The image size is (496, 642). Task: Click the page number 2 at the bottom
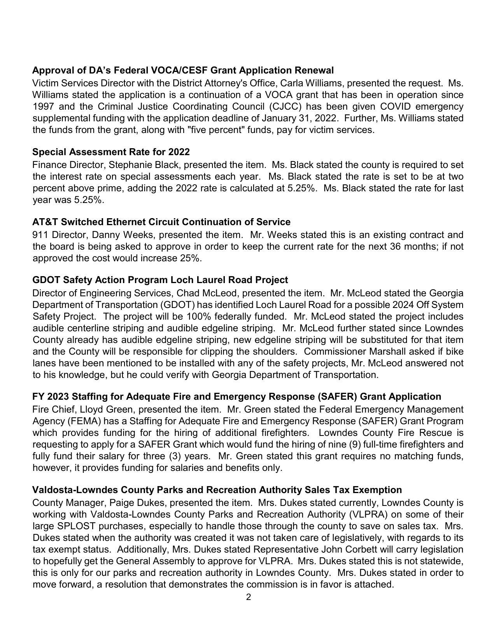coord(248,597)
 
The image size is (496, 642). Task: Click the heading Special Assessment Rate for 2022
coord(111,152)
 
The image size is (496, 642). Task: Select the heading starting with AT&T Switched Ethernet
coord(161,222)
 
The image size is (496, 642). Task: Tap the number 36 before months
coord(396,247)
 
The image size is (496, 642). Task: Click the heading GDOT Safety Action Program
coord(160,280)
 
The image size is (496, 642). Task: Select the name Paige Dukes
coord(141,503)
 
